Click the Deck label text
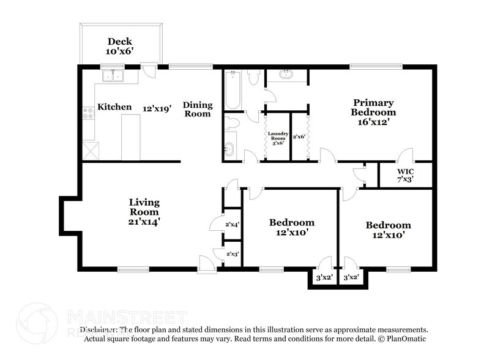click(120, 42)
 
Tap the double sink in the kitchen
click(113, 76)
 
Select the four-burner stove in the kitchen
click(87, 112)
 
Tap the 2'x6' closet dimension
click(299, 137)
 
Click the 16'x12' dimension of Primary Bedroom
click(373, 122)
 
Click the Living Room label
click(144, 206)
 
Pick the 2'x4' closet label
click(233, 225)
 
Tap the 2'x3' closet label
click(233, 254)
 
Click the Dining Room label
click(197, 109)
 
